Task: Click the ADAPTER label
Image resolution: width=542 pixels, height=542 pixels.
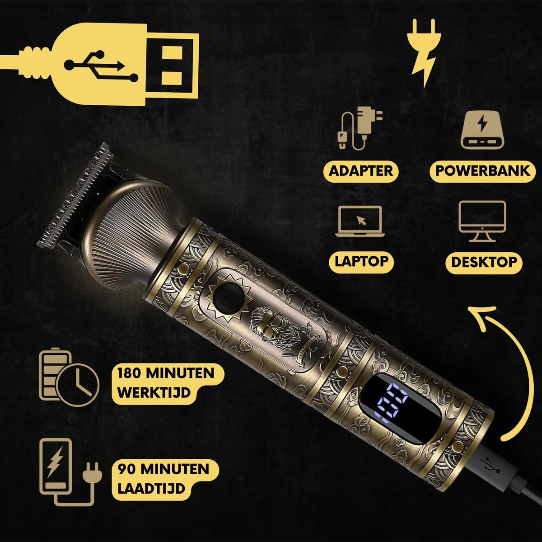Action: pyautogui.click(x=361, y=171)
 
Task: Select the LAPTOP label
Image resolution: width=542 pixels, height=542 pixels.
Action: pyautogui.click(x=361, y=262)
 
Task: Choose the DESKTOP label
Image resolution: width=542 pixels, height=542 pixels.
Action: pyautogui.click(x=484, y=262)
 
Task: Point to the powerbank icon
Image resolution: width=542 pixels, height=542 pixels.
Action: pyautogui.click(x=482, y=131)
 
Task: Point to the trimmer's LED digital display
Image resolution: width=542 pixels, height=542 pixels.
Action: pyautogui.click(x=392, y=401)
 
